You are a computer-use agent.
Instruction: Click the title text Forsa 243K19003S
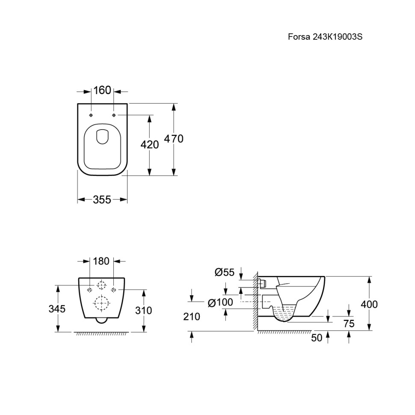(x=325, y=36)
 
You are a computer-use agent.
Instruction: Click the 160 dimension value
(x=102, y=90)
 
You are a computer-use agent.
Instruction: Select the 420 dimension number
(x=150, y=145)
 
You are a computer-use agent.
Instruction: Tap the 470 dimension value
(x=174, y=139)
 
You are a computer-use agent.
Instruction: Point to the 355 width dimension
(x=102, y=199)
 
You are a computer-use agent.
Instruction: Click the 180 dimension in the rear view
(x=101, y=261)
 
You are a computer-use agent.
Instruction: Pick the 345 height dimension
(x=57, y=308)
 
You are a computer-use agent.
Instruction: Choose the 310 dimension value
(x=143, y=310)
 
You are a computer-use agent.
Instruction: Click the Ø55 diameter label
(x=225, y=272)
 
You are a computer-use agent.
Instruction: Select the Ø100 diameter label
(x=220, y=302)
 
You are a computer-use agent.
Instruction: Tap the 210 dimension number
(x=192, y=317)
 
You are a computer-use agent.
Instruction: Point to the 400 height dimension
(x=369, y=304)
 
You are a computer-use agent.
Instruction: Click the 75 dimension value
(x=349, y=323)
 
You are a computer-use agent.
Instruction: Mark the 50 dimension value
(x=317, y=338)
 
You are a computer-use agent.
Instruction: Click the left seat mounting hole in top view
(x=91, y=115)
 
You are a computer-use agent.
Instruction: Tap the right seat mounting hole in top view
(x=114, y=115)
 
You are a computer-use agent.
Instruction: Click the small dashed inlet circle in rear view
(x=101, y=285)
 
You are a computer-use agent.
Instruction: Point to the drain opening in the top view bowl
(x=102, y=136)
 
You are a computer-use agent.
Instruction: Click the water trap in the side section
(x=284, y=314)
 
